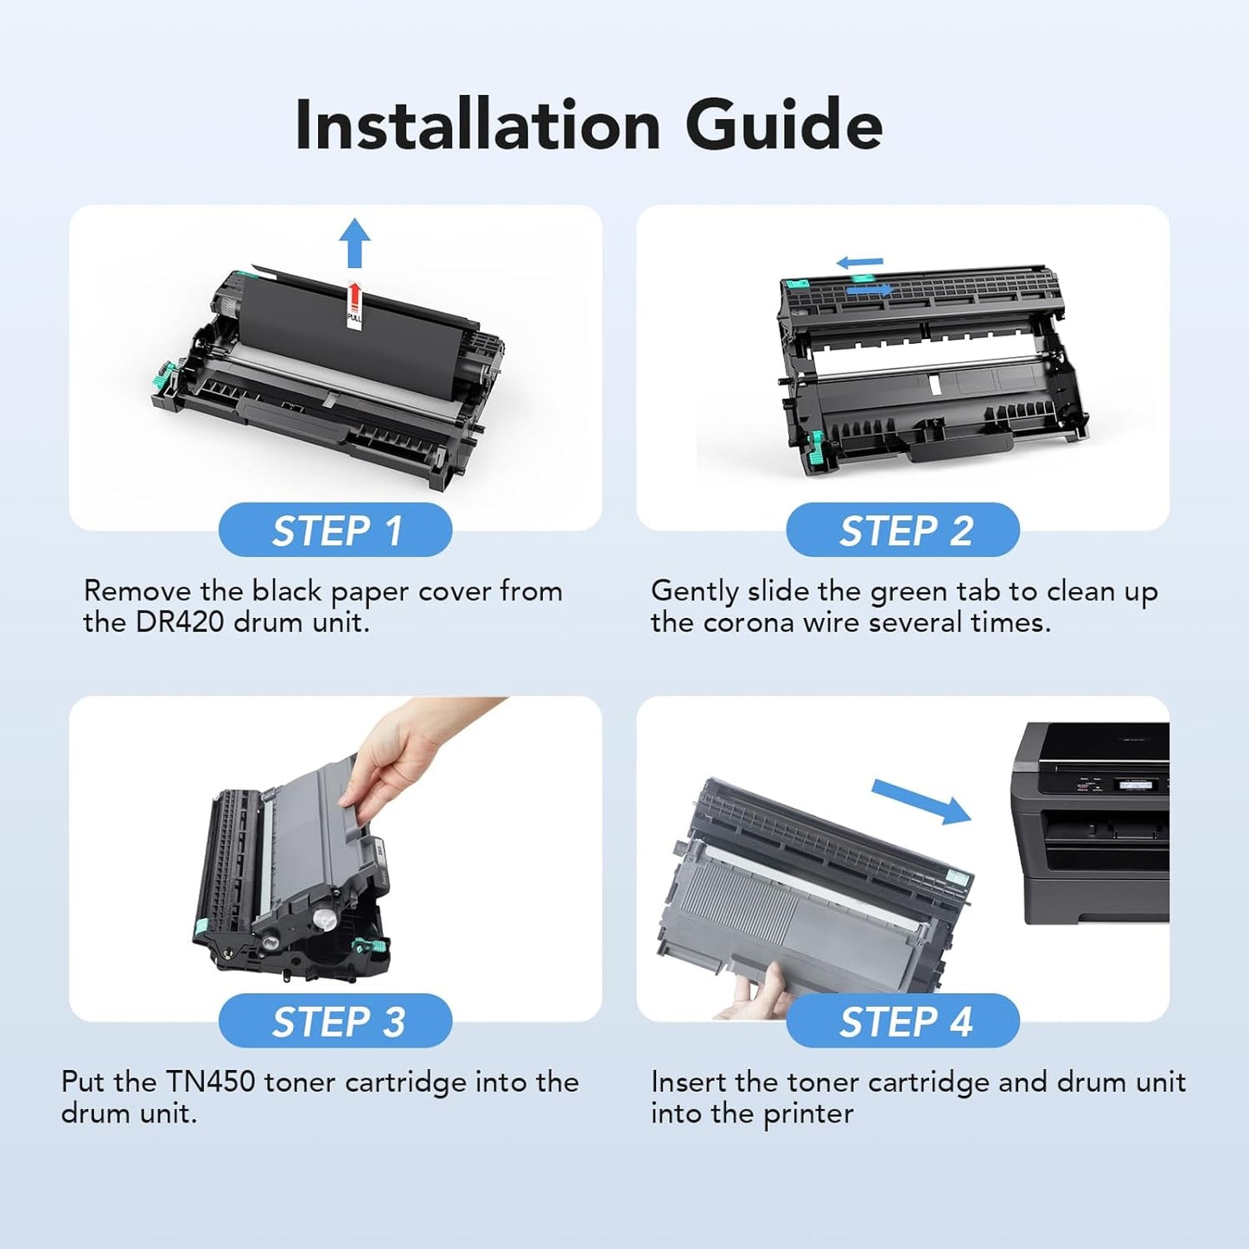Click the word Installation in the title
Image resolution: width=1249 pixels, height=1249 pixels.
pos(478,126)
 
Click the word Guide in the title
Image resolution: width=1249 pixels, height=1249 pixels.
pos(783,126)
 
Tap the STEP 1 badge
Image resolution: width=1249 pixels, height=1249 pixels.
pos(335,530)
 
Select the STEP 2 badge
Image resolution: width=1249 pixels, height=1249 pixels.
pos(902,530)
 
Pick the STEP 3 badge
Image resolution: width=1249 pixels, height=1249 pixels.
pos(335,1021)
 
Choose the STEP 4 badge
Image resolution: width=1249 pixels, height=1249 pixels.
pos(902,1021)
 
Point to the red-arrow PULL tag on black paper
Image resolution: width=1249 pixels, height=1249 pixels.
pos(354,304)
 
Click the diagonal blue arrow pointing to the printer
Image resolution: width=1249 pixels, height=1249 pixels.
pos(921,801)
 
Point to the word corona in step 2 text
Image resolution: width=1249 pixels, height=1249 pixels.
pos(748,622)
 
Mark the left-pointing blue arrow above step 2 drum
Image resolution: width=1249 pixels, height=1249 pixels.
pos(860,262)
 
